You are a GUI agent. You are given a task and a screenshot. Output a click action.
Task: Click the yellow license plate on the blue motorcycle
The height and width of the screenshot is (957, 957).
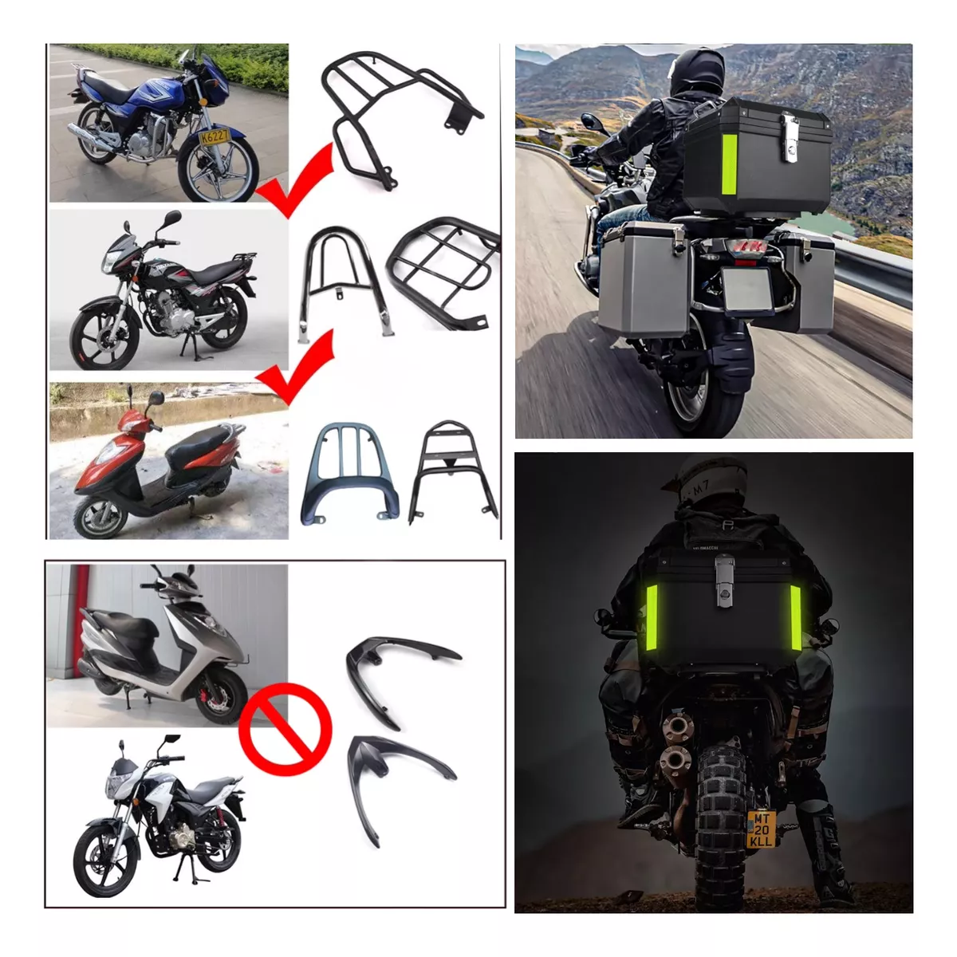[x=213, y=136]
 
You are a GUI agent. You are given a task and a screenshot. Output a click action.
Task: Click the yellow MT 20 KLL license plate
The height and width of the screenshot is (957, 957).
[x=761, y=829]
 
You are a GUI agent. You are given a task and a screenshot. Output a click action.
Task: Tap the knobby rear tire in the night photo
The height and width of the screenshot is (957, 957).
[x=723, y=805]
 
